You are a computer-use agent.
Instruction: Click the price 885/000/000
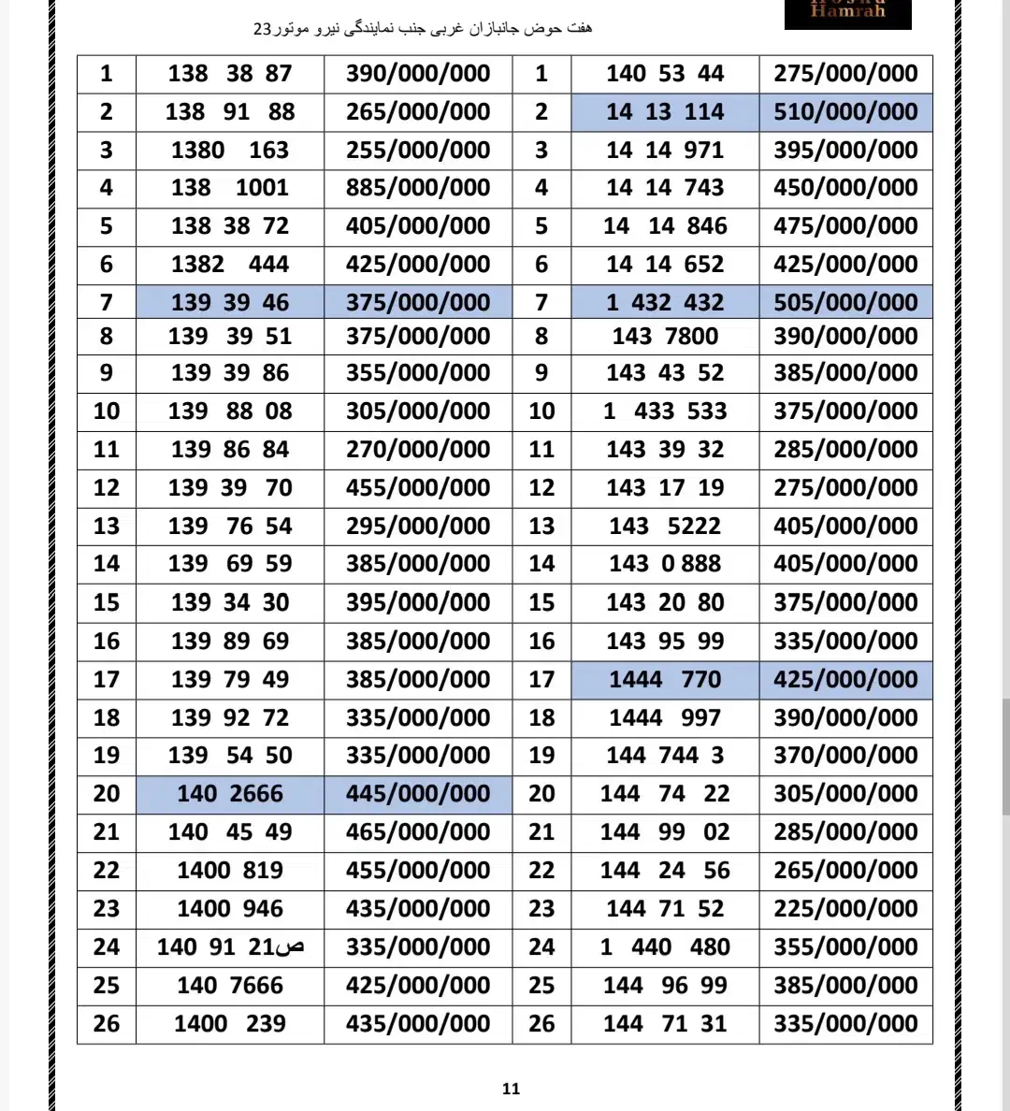click(x=418, y=188)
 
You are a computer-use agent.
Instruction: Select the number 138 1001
click(x=230, y=188)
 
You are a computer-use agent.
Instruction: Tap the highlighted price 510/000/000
click(x=845, y=112)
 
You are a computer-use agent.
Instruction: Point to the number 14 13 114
click(x=665, y=112)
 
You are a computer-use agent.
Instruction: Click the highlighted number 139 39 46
click(x=230, y=302)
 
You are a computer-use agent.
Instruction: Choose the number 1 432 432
click(x=665, y=302)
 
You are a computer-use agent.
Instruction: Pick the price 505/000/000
click(x=845, y=302)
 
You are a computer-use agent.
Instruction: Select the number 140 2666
click(x=230, y=794)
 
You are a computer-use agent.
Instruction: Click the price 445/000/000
click(x=418, y=794)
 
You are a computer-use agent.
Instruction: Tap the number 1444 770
click(x=665, y=680)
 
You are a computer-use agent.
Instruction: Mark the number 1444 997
click(x=665, y=718)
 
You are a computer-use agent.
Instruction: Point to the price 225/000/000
click(x=845, y=909)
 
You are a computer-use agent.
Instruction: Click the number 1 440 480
click(x=665, y=947)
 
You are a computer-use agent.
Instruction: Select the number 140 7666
click(x=230, y=986)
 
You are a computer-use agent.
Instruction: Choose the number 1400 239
click(x=230, y=1024)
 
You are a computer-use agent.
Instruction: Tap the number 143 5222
click(x=665, y=527)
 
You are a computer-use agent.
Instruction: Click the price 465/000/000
click(x=418, y=832)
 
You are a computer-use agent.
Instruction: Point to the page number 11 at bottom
click(x=511, y=1089)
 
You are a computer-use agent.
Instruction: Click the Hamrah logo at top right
click(x=847, y=13)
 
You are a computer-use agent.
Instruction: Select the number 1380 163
click(x=230, y=151)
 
